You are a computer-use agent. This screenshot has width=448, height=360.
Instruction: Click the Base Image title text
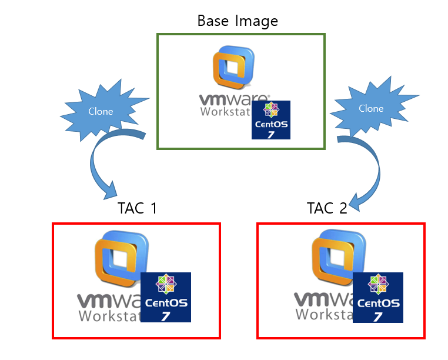pyautogui.click(x=238, y=21)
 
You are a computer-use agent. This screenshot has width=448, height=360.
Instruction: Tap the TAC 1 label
pyautogui.click(x=137, y=209)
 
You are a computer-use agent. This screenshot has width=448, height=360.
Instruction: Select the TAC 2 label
pyautogui.click(x=327, y=209)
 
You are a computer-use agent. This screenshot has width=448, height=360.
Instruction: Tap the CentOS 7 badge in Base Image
pyautogui.click(x=271, y=119)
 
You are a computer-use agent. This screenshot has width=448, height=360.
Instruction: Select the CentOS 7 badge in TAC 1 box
pyautogui.click(x=166, y=297)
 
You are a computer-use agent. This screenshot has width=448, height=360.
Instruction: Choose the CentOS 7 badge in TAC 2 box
pyautogui.click(x=378, y=297)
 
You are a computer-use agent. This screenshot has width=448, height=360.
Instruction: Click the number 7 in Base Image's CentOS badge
pyautogui.click(x=271, y=134)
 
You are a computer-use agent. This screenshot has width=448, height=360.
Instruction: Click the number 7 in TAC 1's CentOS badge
pyautogui.click(x=166, y=316)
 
